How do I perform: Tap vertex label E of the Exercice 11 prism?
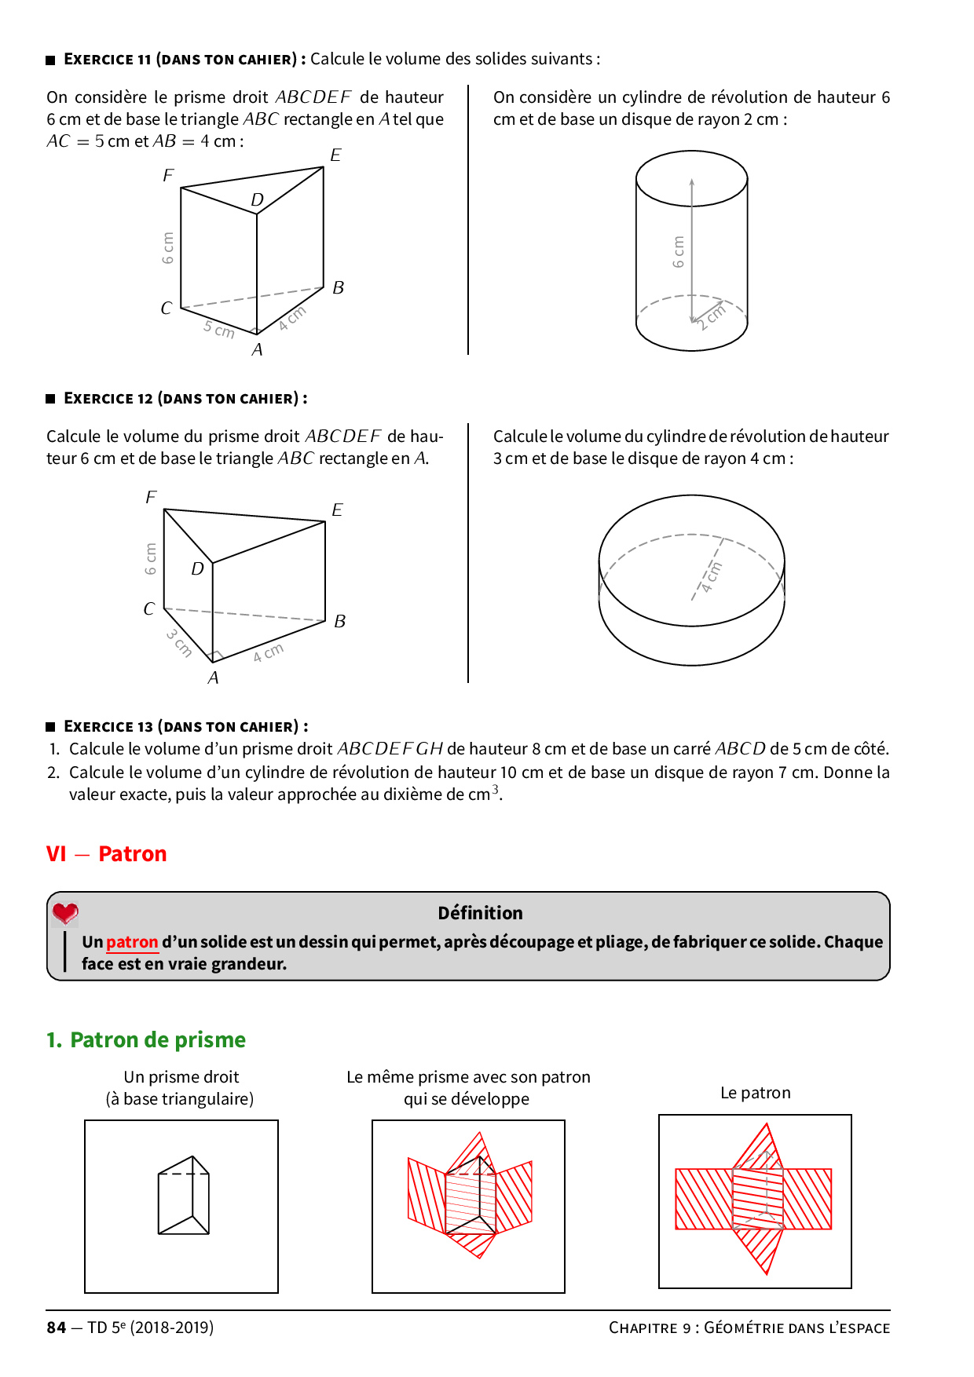[335, 155]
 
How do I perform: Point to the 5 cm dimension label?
[219, 329]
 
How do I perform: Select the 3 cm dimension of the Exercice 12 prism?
[179, 642]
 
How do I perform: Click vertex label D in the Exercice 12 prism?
[197, 568]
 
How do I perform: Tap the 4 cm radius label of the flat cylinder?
[712, 577]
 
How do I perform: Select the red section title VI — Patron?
[107, 854]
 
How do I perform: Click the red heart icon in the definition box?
[65, 913]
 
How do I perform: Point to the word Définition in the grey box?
[480, 913]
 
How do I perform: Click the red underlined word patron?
[132, 942]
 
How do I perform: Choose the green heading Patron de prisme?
[146, 1040]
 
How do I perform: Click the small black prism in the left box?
[184, 1195]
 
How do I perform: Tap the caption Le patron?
[755, 1093]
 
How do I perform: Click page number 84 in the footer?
[57, 1328]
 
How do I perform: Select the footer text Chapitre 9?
[650, 1328]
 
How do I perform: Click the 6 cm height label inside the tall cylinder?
[679, 251]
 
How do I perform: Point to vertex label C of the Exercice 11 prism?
[166, 308]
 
